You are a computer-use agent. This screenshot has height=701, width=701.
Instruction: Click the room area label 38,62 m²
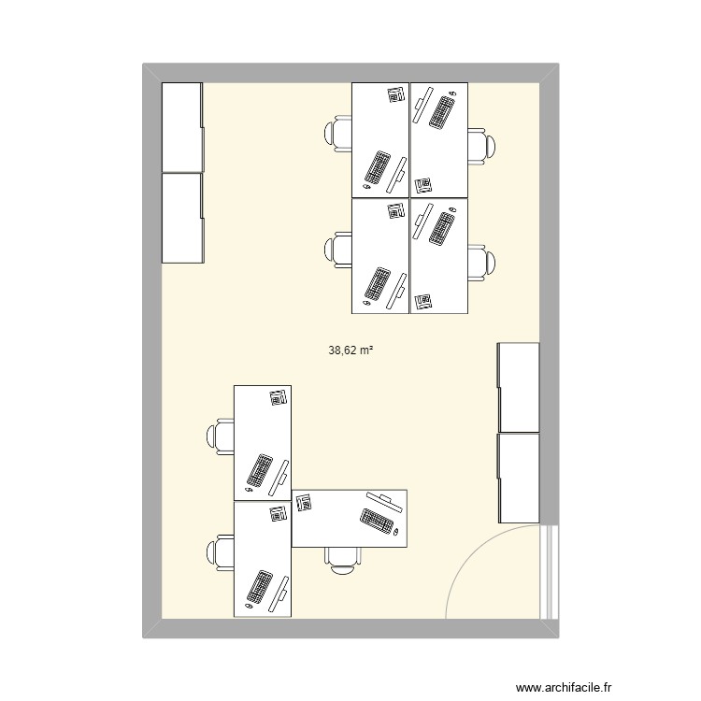(351, 351)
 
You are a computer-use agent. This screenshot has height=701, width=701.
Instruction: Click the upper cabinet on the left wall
(182, 127)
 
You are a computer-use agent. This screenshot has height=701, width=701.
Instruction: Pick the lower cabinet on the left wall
(182, 218)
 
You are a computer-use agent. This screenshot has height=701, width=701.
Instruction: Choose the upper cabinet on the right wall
(519, 387)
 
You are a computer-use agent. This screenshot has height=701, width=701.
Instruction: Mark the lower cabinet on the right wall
(519, 478)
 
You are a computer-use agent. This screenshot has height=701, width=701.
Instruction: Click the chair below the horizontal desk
(342, 559)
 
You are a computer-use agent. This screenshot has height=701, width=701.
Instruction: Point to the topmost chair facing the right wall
(483, 146)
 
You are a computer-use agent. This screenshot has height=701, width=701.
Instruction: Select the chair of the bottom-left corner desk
(221, 551)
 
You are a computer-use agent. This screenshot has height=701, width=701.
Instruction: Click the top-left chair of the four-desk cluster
(337, 133)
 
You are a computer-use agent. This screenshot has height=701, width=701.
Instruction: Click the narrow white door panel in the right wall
(551, 570)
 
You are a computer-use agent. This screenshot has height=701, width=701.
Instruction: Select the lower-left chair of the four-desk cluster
(337, 249)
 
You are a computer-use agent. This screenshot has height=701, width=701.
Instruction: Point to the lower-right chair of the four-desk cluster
(483, 262)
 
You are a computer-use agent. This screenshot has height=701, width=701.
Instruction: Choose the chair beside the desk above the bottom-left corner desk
(221, 436)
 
